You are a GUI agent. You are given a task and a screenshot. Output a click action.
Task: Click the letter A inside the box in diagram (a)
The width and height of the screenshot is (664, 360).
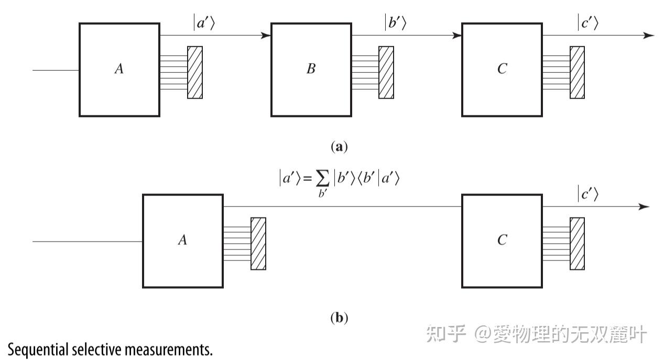click(119, 69)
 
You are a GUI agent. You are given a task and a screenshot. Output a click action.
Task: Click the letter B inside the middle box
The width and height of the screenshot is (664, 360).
click(311, 69)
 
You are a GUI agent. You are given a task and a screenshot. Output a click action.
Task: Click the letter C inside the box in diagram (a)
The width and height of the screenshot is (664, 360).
click(502, 69)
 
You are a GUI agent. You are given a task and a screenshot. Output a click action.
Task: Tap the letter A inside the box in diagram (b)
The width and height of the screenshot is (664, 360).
click(182, 241)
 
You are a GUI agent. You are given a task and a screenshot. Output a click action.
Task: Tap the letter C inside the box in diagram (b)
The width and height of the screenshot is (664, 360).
click(502, 241)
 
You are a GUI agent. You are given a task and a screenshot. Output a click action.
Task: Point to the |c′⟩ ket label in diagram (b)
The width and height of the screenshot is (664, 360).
click(587, 194)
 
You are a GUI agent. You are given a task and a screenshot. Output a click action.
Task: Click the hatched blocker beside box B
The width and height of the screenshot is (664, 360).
click(386, 72)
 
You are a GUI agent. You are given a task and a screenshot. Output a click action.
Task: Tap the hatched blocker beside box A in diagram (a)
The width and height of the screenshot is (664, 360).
click(195, 72)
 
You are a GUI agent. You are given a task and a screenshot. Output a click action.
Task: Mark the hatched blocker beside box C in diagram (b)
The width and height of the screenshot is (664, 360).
click(577, 243)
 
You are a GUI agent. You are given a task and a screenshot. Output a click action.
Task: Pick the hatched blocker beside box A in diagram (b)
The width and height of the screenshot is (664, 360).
click(258, 243)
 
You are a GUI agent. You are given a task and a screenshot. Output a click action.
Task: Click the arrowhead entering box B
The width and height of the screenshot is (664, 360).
click(266, 36)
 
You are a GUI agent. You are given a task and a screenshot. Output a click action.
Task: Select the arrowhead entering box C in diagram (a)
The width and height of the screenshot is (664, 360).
click(457, 36)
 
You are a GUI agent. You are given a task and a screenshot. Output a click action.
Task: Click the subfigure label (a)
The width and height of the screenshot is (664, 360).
click(339, 147)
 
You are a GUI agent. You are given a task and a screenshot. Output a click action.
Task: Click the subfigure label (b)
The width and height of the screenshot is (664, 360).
click(339, 318)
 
